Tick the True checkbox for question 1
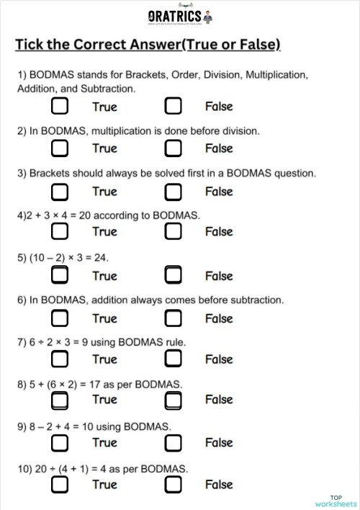(x=60, y=107)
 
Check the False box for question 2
(x=173, y=149)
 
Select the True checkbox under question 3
(x=60, y=192)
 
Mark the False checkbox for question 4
(x=173, y=232)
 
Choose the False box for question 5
(x=173, y=276)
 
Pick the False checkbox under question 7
(x=173, y=359)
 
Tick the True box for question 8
(x=60, y=400)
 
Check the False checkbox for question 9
(x=173, y=443)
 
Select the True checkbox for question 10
(x=60, y=485)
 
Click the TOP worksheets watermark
(x=336, y=501)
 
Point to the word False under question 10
(x=219, y=485)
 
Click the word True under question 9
(x=104, y=442)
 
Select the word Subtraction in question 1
(x=109, y=89)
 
